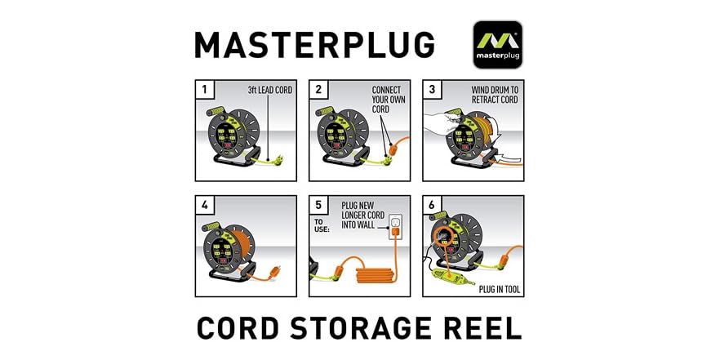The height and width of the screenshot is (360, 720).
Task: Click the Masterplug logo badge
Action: (x=498, y=44)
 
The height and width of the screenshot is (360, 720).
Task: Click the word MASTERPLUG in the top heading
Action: (x=314, y=46)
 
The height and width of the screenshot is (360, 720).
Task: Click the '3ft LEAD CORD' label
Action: (x=270, y=89)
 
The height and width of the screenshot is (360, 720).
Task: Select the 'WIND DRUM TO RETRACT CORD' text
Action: (x=495, y=94)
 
